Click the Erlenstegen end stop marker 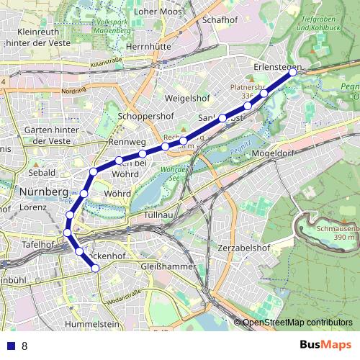click(x=293, y=72)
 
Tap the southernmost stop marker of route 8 click(x=95, y=268)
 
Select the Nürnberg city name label click(x=44, y=192)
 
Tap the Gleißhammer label click(x=169, y=266)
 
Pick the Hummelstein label click(x=91, y=325)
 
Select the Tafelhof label click(x=38, y=245)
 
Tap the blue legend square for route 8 click(x=10, y=346)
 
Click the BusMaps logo click(x=325, y=345)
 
